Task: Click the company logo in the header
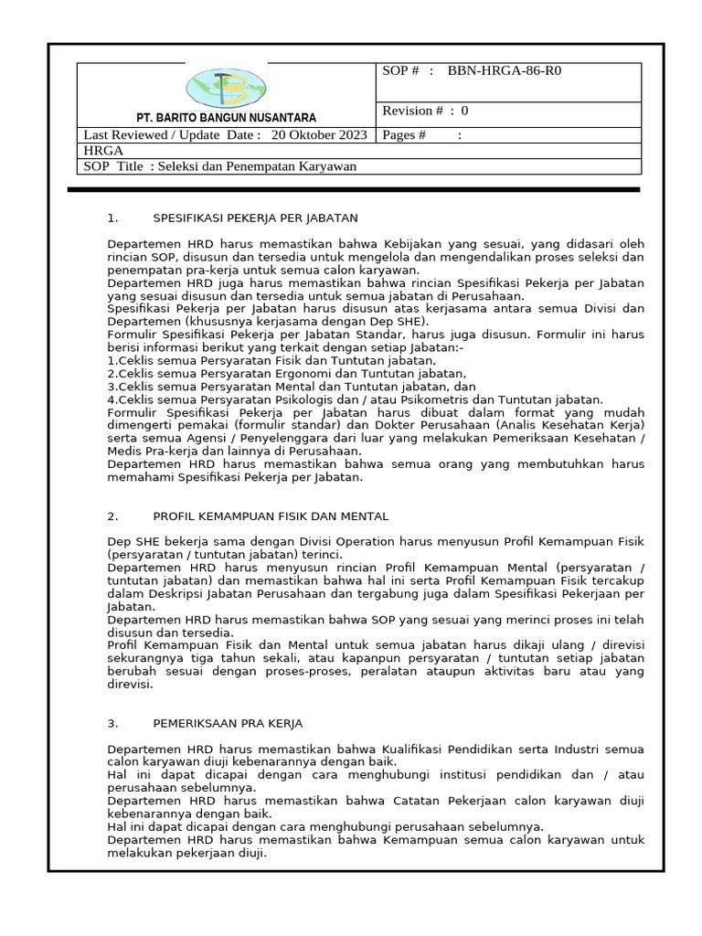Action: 226,88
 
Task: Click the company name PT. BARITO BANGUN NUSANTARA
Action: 226,118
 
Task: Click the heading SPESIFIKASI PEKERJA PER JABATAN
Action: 255,218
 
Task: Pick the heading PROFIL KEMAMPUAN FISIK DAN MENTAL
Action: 271,516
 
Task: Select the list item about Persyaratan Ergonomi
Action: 286,374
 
